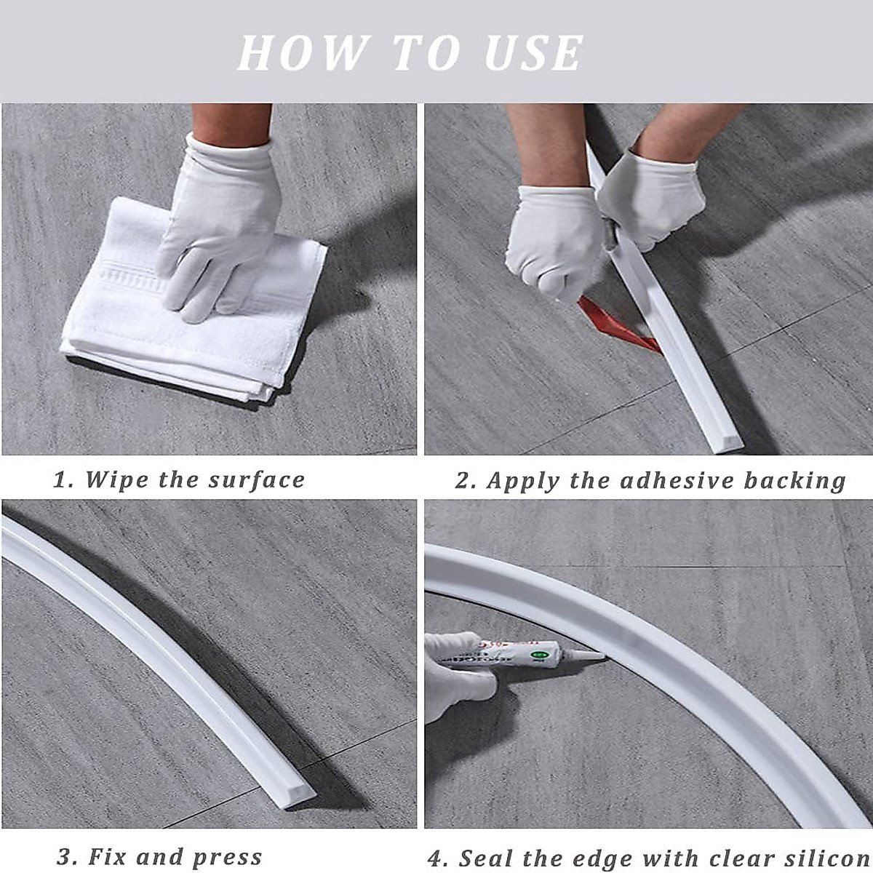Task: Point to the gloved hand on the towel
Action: [218, 218]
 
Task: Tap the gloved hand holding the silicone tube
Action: [455, 677]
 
